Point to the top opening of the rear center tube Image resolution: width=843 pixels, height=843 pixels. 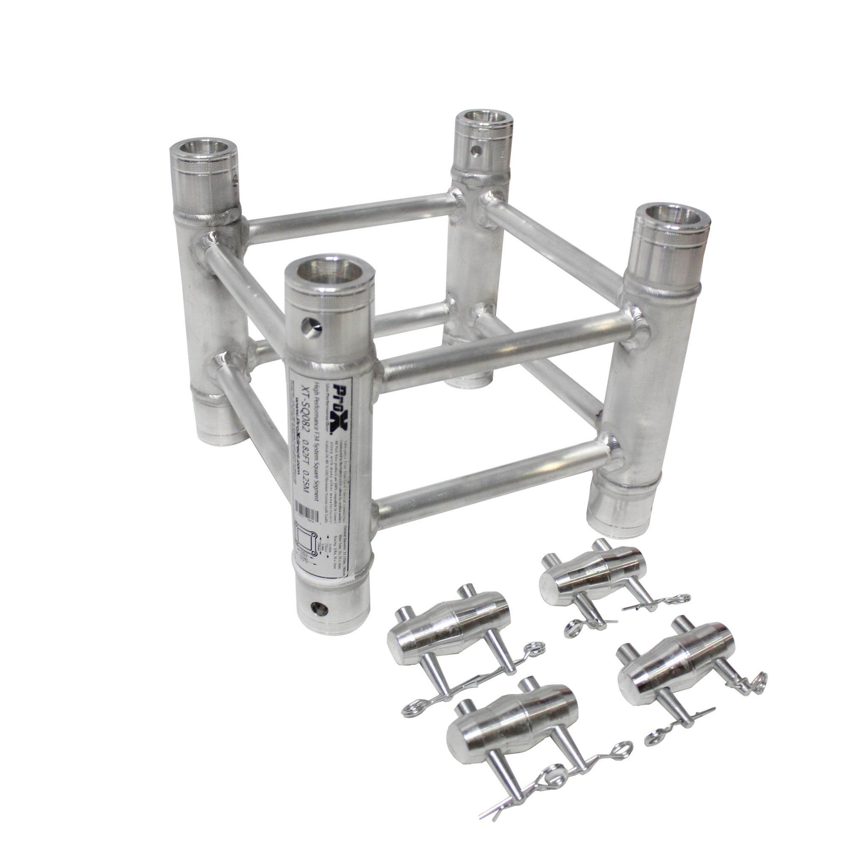[x=479, y=120]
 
